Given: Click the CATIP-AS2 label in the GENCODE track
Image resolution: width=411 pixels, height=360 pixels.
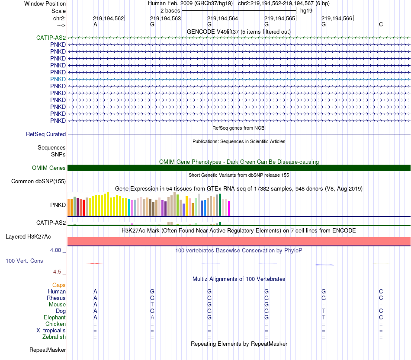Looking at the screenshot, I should [51, 38].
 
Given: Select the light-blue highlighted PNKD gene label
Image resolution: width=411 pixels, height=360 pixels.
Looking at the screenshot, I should [58, 79].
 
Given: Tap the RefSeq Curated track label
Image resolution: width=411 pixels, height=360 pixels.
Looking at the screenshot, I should [46, 134].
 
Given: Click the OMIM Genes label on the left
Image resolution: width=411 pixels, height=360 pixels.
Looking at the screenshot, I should [49, 168].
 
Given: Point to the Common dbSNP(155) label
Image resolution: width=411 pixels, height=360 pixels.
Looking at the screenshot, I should [39, 182].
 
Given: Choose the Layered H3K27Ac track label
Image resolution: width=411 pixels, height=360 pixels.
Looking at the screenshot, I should [28, 237].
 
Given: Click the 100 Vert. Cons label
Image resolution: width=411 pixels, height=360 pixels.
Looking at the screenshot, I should [24, 261].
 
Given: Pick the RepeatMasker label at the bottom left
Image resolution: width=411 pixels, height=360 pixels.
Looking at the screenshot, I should [48, 350].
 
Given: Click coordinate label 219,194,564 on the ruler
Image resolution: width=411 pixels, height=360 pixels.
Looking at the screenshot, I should [222, 19].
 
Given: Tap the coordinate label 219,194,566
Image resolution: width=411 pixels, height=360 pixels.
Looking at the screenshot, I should [337, 19].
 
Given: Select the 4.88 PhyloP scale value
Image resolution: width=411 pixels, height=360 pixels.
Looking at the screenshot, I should [57, 250].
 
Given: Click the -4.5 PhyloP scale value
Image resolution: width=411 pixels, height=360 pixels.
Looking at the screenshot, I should [57, 272].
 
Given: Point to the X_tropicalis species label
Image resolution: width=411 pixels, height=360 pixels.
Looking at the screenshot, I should [51, 331].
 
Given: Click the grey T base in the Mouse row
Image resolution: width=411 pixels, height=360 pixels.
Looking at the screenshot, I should [152, 305].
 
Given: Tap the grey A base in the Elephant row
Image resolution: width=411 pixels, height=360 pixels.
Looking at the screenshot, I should [152, 318].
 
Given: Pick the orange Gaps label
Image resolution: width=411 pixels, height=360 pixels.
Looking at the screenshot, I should [59, 285].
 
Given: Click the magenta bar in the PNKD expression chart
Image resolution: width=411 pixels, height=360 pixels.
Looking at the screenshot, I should [229, 208].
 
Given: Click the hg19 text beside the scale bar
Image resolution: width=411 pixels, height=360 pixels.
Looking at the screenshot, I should [306, 10].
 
